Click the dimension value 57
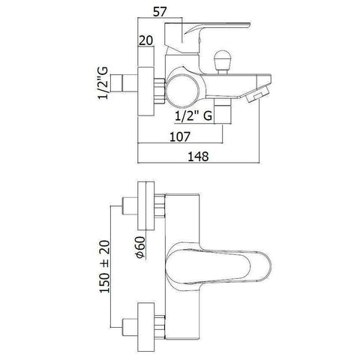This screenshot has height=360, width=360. [160, 11]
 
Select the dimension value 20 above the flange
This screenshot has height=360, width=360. [145, 40]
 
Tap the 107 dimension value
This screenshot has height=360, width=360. [180, 136]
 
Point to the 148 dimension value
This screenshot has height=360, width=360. [198, 157]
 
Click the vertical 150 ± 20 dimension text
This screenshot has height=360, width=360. [105, 266]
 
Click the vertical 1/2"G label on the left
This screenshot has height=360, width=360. [103, 83]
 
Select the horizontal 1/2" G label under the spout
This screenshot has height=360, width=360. [193, 116]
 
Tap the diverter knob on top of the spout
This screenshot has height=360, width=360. [221, 62]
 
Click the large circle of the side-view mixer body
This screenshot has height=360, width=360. [183, 89]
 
